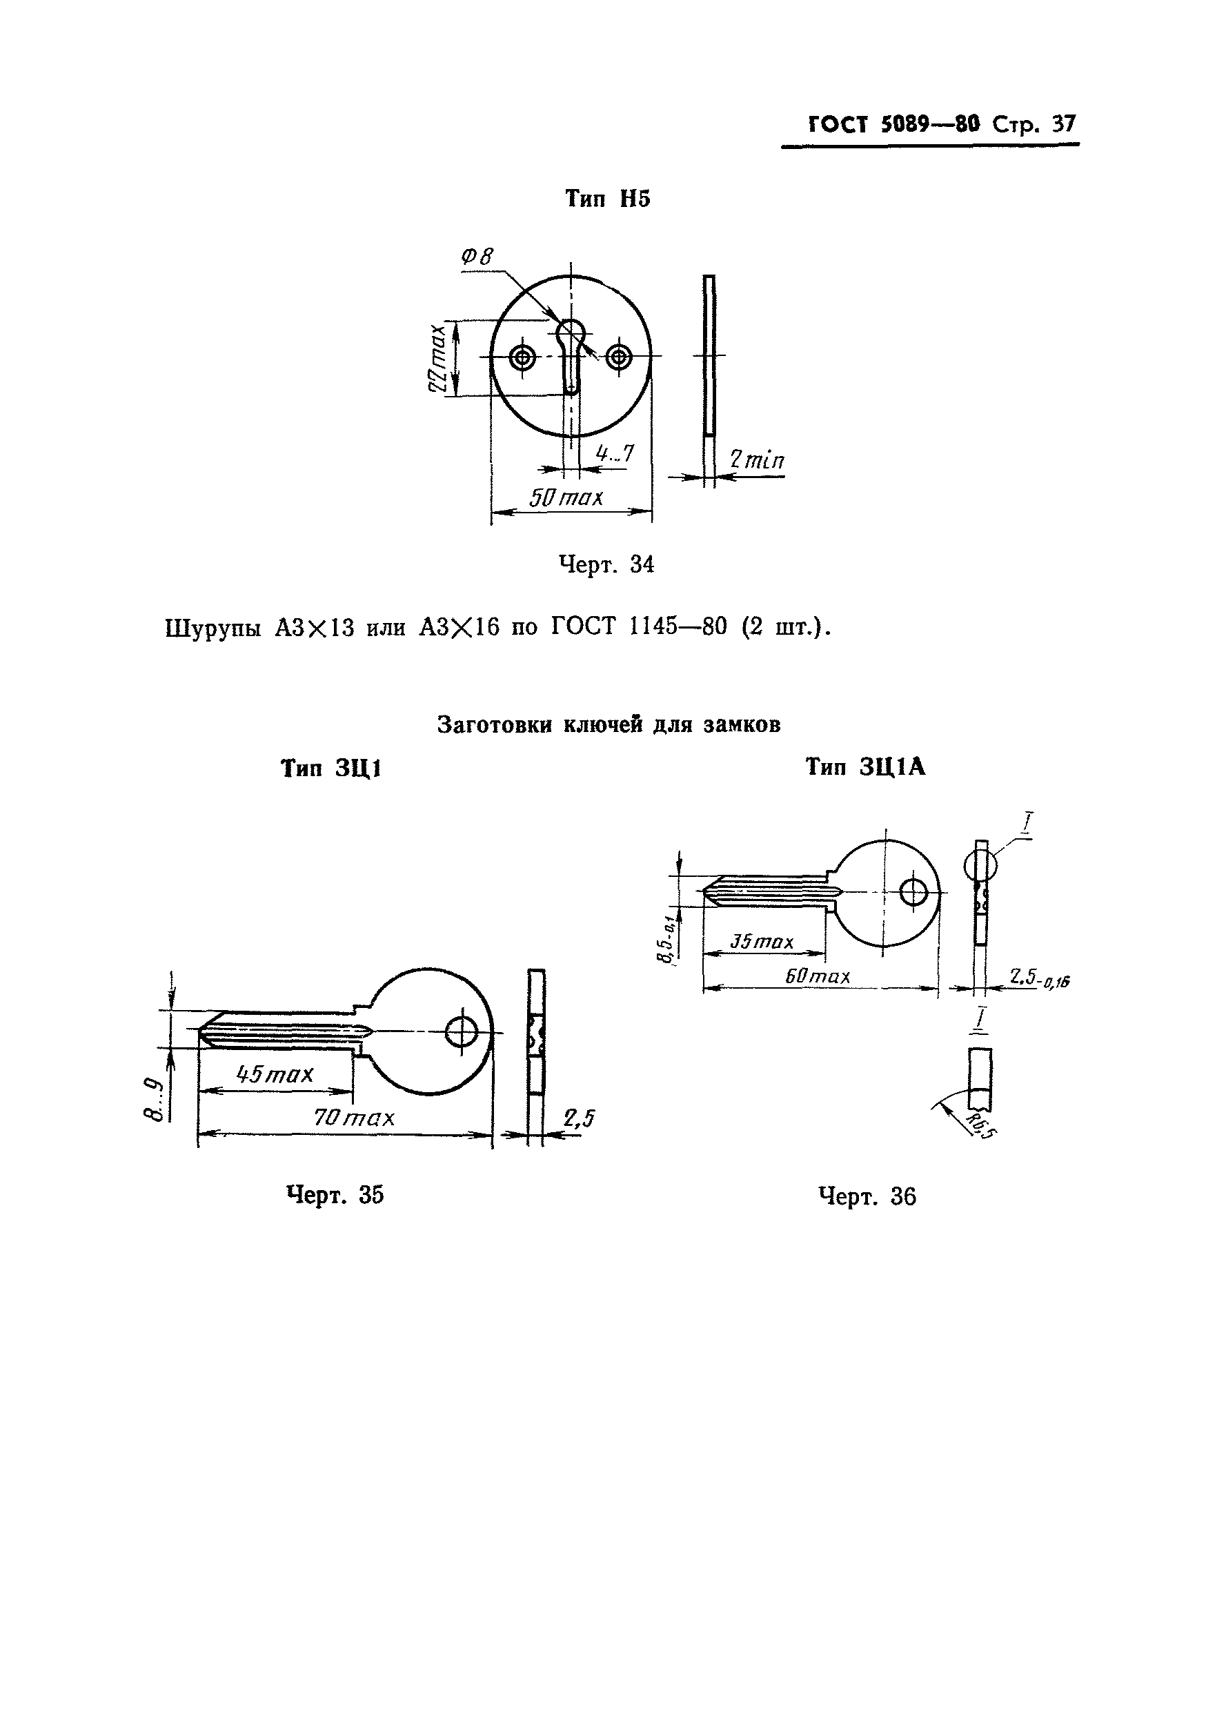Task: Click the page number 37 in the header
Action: click(x=1064, y=123)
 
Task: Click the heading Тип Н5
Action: click(x=607, y=199)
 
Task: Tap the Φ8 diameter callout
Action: click(x=477, y=257)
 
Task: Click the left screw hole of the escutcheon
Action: click(x=522, y=357)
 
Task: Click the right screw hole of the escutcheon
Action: click(x=618, y=357)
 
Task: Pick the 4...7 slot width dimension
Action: click(x=615, y=453)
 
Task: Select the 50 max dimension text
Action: click(x=566, y=497)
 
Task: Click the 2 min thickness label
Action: click(x=757, y=459)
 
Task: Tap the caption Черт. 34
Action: click(x=606, y=565)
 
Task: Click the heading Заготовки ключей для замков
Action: click(x=609, y=724)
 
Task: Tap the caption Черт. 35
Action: click(x=335, y=1194)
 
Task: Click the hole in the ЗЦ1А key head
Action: click(x=913, y=892)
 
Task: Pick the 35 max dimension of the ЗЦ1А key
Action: click(x=762, y=942)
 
